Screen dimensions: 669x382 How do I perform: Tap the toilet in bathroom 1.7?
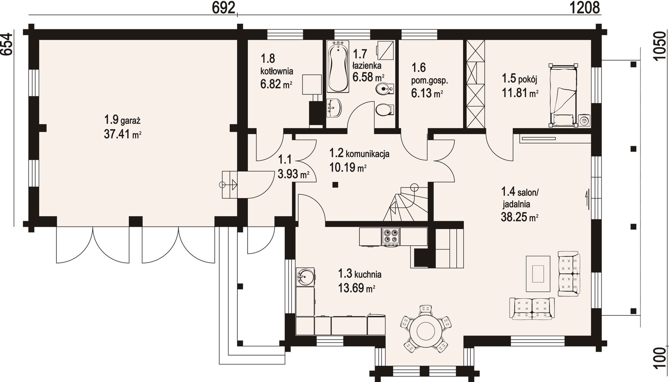(385, 109)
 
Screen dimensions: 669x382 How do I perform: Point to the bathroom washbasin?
(334, 108)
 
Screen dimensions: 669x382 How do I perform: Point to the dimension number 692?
(224, 8)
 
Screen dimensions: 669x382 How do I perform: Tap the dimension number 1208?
(585, 8)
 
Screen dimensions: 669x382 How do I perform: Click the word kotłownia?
(277, 71)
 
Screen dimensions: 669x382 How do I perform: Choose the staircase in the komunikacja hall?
(406, 204)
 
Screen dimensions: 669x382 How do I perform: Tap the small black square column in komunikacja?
(335, 185)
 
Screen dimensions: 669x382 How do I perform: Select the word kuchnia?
(368, 274)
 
